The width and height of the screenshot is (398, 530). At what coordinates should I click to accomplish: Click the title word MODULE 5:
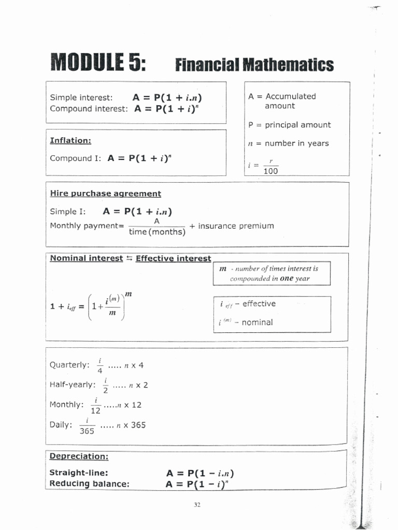(97, 64)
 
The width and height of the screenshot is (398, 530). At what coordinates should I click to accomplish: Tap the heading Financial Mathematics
(254, 65)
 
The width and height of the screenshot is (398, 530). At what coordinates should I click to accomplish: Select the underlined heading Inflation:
(70, 140)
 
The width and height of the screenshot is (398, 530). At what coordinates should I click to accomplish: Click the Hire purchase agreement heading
(105, 194)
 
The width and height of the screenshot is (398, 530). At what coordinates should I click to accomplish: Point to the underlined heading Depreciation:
(79, 457)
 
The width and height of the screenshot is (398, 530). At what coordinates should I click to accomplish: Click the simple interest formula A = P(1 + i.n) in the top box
(167, 97)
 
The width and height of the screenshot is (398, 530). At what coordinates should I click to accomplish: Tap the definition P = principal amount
(289, 125)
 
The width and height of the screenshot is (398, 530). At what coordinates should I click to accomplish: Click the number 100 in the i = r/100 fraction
(271, 171)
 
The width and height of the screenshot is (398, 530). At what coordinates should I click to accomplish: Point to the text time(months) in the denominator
(157, 232)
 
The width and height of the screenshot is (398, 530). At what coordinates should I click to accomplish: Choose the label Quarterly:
(69, 365)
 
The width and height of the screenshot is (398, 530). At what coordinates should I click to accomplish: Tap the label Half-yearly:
(73, 385)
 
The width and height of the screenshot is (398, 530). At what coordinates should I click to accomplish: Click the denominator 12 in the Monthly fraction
(96, 410)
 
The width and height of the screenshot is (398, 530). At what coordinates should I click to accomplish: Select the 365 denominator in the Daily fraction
(87, 431)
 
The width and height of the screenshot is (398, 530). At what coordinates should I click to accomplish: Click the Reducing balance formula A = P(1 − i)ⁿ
(197, 484)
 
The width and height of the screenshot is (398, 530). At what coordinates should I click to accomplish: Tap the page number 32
(197, 505)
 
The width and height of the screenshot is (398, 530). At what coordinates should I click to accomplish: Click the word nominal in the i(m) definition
(253, 322)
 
